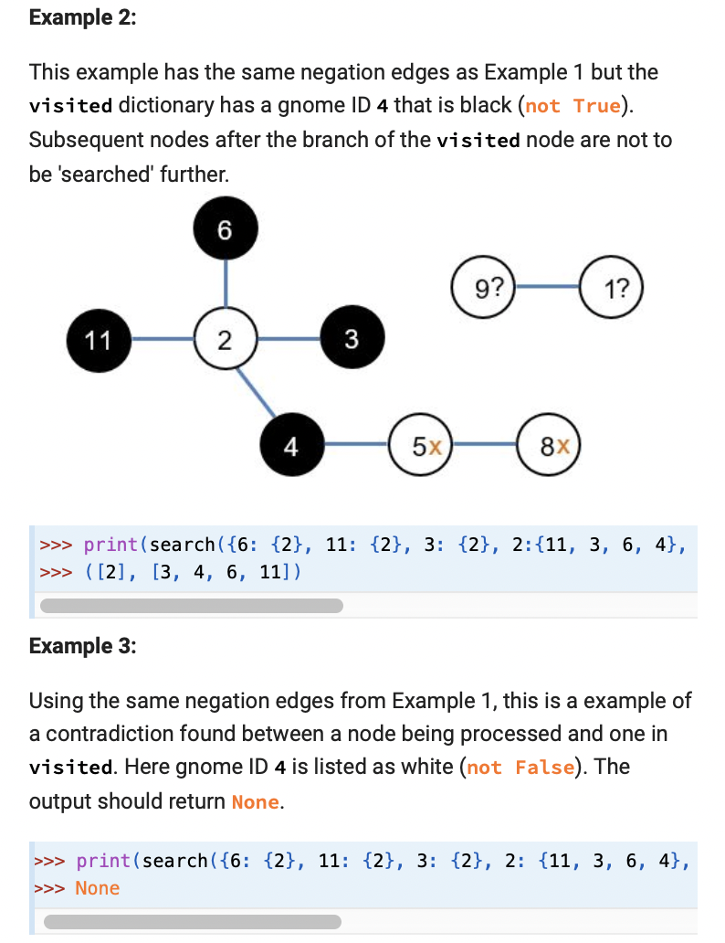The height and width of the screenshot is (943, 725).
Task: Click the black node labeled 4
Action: pos(291,446)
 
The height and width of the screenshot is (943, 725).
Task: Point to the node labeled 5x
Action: pos(421,446)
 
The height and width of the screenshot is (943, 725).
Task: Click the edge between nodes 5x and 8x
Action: pos(485,446)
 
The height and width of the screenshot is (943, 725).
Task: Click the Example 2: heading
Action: pos(82,18)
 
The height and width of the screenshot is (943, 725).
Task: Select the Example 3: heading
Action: pos(82,646)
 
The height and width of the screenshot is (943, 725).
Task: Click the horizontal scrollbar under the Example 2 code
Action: pos(192,605)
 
